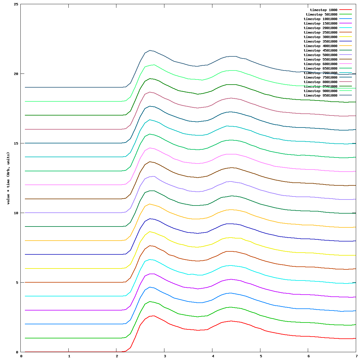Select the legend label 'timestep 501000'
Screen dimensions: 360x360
tap(321, 14)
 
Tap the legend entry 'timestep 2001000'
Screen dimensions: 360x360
tap(320, 28)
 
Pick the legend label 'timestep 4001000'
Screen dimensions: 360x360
tap(320, 46)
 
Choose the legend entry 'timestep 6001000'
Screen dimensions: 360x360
tap(320, 64)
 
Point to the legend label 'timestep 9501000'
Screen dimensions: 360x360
tap(320, 95)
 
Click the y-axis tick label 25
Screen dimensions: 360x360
tap(16, 4)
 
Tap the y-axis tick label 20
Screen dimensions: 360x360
tap(16, 74)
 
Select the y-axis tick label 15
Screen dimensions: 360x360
tap(16, 143)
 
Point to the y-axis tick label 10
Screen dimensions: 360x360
tap(16, 213)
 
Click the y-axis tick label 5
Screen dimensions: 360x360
tap(17, 283)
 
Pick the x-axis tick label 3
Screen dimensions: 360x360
tap(165, 356)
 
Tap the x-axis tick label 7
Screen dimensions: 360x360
tap(356, 356)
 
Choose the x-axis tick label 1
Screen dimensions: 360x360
tap(69, 356)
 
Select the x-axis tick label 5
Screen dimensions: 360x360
tap(260, 356)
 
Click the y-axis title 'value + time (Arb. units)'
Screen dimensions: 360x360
tap(8, 178)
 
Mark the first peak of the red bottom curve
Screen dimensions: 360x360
tap(153, 316)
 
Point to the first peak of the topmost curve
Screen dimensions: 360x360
tap(150, 50)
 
